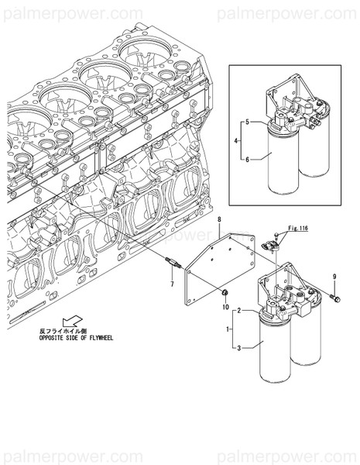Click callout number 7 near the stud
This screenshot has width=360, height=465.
173,284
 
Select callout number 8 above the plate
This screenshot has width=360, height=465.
219,221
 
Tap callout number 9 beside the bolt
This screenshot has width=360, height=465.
334,277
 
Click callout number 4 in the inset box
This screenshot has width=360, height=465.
236,141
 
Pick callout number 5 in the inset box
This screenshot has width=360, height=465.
247,122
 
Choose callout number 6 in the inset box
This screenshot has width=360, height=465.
247,159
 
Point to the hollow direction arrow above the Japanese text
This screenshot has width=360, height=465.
71,319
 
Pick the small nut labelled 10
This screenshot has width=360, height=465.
225,293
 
